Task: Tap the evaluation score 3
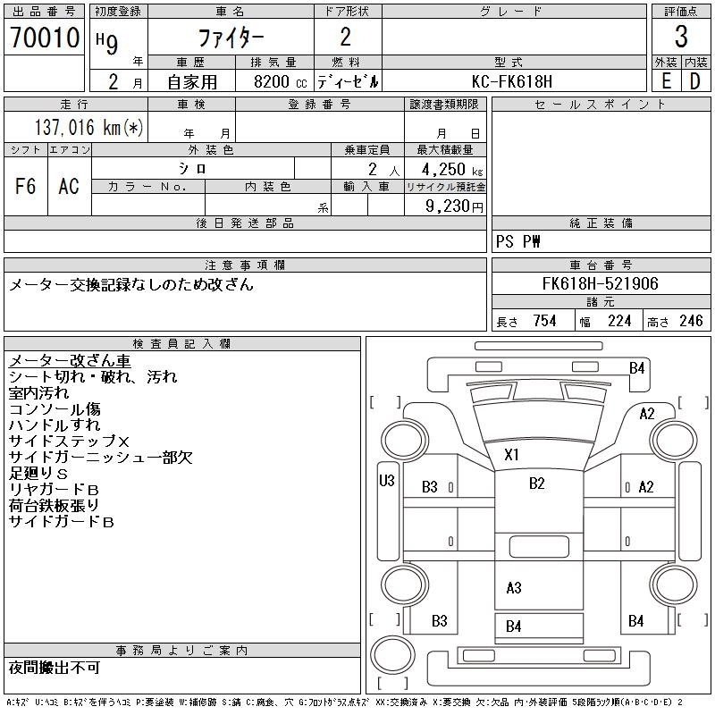pos(681,38)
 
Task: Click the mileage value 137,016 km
pos(88,128)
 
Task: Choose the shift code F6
pos(25,186)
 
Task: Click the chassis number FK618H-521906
pos(600,284)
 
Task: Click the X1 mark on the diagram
pos(511,454)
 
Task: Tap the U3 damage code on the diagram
pos(387,480)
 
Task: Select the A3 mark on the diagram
pos(513,588)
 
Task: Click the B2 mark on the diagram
pos(536,484)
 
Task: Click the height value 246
pos(691,321)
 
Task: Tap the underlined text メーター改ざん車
pos(70,360)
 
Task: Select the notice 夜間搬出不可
pos(55,669)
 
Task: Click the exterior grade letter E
pos(666,81)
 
